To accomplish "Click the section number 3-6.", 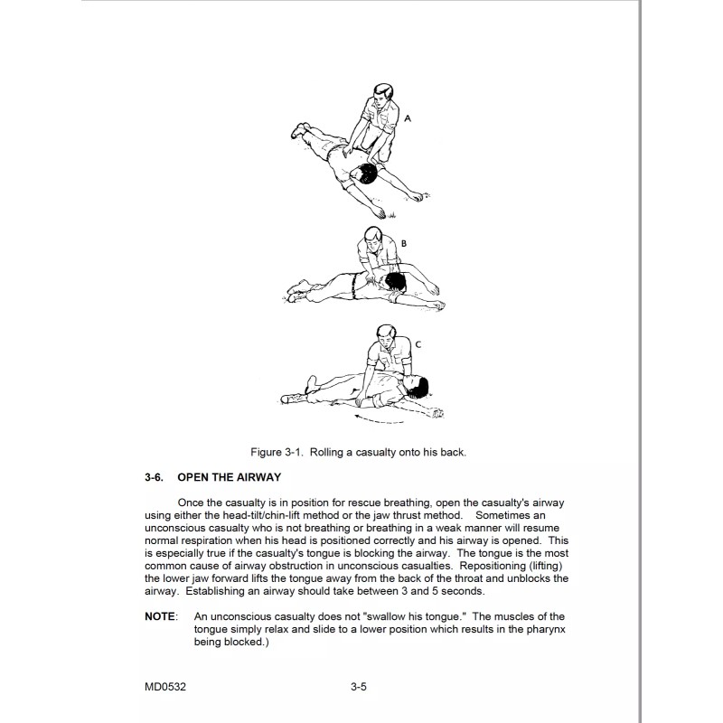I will click(x=155, y=477).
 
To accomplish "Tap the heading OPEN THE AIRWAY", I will click(x=230, y=477).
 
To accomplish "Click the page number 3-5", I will click(x=359, y=688).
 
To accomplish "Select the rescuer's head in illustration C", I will click(x=386, y=337).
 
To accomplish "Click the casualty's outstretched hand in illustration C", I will click(x=437, y=412).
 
